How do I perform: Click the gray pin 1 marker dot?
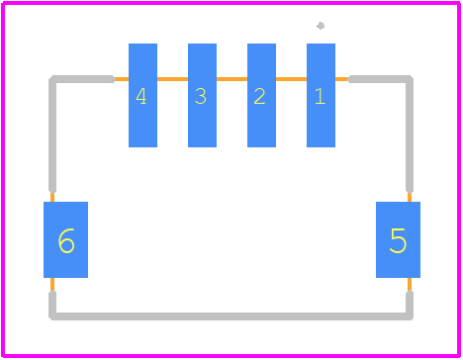(321, 26)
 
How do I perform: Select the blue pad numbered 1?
(321, 95)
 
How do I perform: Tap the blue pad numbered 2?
(261, 95)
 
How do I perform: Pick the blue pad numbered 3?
(202, 95)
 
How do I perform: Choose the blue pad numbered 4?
(142, 95)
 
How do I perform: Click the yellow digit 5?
(398, 240)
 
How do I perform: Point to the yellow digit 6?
(66, 241)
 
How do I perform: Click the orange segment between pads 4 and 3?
(172, 79)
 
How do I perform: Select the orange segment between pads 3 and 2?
(231, 79)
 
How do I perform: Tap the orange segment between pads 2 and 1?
(291, 79)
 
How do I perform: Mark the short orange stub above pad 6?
(52, 197)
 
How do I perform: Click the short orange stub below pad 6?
(52, 285)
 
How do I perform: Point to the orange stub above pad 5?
(410, 197)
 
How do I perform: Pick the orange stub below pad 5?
(410, 285)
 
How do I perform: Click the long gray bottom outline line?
(231, 316)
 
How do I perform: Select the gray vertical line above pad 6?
(52, 135)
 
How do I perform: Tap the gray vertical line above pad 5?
(410, 135)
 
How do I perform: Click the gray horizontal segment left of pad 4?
(83, 79)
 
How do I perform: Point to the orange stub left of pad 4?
(122, 79)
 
